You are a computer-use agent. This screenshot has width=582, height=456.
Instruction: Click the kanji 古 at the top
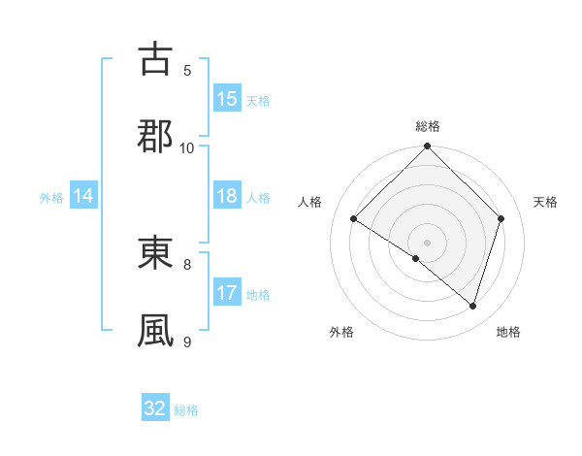156,59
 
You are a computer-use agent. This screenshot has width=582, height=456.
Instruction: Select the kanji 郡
156,136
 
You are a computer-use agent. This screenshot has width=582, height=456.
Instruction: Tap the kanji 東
156,253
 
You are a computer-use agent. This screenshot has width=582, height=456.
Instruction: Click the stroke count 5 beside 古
187,70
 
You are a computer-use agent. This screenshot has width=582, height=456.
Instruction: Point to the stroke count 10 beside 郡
187,147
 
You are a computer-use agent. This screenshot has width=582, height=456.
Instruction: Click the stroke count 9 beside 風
187,342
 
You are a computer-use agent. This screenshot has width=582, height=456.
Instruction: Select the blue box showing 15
227,99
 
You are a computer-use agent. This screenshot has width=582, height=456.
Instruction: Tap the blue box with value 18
227,197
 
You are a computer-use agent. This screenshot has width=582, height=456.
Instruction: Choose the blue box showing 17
227,293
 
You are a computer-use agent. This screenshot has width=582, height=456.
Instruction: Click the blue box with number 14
83,197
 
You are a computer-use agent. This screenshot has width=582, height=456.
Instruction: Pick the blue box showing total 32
155,408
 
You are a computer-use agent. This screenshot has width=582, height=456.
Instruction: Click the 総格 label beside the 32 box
187,410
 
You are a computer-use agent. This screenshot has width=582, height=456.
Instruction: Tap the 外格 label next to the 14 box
51,198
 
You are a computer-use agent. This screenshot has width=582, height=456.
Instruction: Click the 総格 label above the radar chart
428,126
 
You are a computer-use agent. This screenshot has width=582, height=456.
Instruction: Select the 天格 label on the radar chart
546,202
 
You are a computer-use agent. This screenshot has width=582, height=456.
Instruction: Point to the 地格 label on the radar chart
508,333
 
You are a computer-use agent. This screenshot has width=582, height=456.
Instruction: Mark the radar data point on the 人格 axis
354,219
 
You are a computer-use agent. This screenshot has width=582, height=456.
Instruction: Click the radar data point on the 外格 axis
416,258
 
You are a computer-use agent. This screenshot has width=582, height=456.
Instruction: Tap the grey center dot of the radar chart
428,242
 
